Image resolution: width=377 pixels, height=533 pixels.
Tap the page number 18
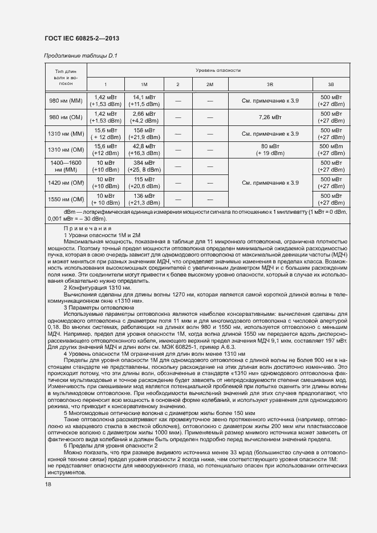(47, 484)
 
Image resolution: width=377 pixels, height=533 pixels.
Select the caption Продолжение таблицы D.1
(80, 56)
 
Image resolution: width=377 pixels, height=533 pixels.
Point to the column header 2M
(210, 84)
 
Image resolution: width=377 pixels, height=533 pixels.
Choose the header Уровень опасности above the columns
(218, 70)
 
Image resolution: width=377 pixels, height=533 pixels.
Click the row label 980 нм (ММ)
(66, 101)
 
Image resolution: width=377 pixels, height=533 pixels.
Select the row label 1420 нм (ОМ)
(66, 183)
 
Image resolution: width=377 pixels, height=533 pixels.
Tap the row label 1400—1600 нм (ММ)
(66, 166)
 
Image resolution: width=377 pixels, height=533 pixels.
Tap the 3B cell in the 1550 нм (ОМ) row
(331, 200)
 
